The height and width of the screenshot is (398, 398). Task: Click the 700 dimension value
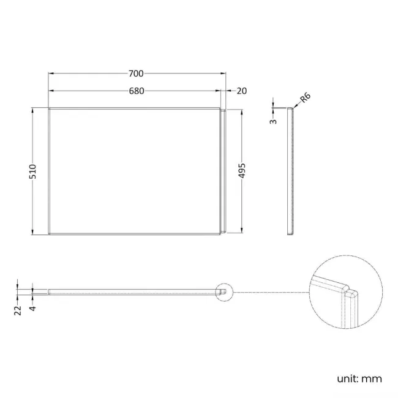coord(136,73)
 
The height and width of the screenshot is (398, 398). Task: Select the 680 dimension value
coord(136,91)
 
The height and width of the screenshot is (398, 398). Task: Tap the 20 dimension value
coord(241,91)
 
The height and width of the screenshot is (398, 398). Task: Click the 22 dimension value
coord(18,309)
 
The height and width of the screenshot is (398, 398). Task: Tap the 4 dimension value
coord(32,309)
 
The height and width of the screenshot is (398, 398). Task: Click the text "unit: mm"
coord(359,378)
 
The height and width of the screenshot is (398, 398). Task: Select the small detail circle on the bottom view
coord(225,291)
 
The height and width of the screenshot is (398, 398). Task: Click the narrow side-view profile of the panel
coord(291,171)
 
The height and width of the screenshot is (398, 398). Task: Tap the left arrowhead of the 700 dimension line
coord(51,73)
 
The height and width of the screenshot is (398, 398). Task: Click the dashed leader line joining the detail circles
coord(269,292)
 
